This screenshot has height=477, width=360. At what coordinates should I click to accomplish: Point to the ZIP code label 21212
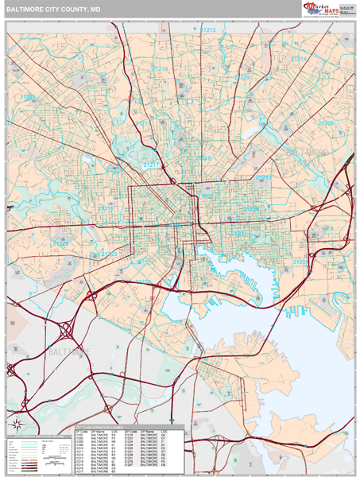coord(207,29)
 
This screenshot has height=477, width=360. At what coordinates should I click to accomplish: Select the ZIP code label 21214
coord(298,59)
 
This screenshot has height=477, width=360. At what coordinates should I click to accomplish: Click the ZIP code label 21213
coord(263,178)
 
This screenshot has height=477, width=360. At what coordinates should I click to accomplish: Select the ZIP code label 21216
coord(105,208)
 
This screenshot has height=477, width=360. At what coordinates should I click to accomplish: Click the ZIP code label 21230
coord(143,282)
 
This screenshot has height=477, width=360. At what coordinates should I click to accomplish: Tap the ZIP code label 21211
coord(142,124)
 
